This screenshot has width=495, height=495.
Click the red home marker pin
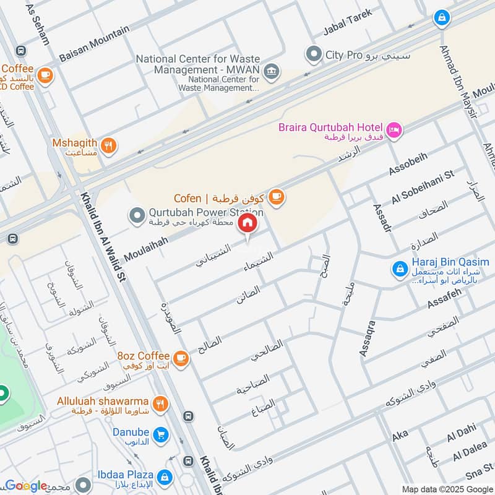247,223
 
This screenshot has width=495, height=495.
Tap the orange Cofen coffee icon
276,197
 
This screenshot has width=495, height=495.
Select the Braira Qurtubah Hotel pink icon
394,130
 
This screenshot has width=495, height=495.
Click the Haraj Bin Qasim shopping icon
399,269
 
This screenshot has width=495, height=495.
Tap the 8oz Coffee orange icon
181,358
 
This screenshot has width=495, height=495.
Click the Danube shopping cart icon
160,436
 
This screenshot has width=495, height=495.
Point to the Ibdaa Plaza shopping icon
164,477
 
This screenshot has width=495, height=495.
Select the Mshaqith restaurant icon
109,145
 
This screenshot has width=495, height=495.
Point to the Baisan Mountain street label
94,43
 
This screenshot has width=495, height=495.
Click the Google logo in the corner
26,486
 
